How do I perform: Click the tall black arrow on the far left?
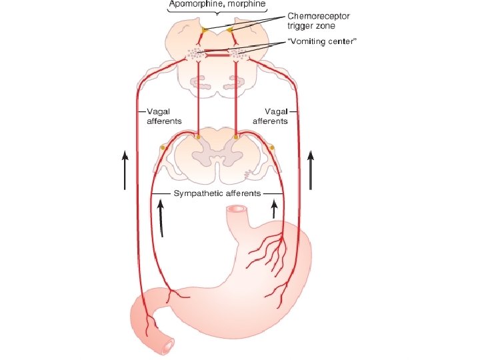(125, 170)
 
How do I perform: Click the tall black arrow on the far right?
(310, 170)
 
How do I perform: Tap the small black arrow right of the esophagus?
(274, 212)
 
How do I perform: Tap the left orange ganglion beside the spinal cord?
(162, 147)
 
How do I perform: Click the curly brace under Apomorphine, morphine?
(217, 15)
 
